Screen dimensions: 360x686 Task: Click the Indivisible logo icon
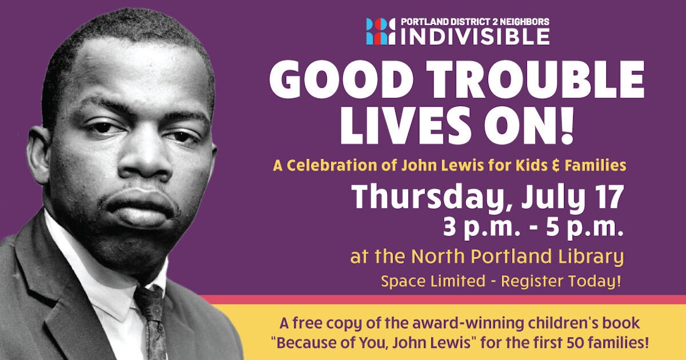coord(380,32)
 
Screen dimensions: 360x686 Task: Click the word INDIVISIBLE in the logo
coord(475,36)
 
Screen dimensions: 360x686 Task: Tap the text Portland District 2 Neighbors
coord(475,22)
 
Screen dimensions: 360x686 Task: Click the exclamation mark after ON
coord(567,127)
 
